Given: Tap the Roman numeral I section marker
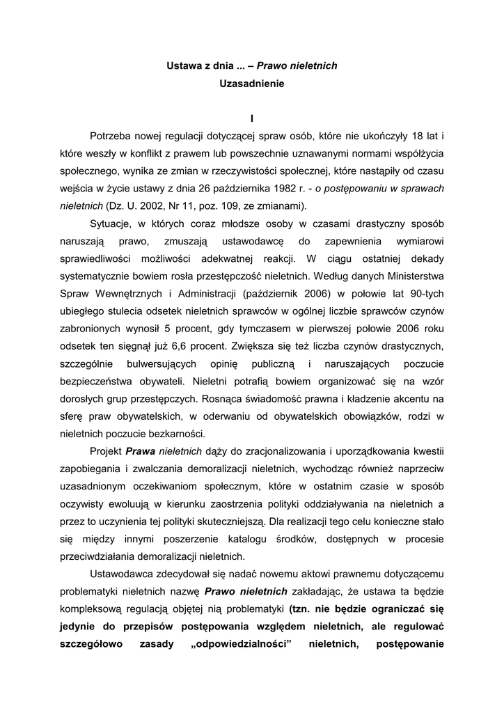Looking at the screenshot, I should point(252,118).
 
